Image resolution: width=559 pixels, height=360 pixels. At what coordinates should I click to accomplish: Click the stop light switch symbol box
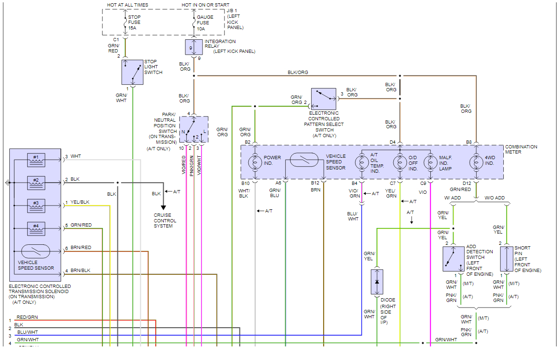pos(132,72)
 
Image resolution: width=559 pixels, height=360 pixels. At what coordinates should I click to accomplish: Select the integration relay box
pos(194,47)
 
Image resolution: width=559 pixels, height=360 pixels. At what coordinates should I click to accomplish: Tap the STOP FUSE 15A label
pos(134,22)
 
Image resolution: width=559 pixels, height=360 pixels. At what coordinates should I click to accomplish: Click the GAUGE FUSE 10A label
pos(205,23)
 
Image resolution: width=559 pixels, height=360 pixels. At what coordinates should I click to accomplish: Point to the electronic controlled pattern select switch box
pos(323,99)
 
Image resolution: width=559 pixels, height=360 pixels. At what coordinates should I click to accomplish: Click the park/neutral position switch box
pos(194,129)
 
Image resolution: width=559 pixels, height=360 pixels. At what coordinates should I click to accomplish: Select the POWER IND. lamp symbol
pos(255,163)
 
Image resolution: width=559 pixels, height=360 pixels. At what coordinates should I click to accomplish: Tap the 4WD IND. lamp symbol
pos(476,163)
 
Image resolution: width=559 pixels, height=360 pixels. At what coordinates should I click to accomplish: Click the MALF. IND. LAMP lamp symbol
pos(430,163)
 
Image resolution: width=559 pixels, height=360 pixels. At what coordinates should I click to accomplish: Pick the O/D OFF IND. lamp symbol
pos(400,163)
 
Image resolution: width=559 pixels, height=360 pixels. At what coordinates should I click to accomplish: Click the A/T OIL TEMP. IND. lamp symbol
pos(362,163)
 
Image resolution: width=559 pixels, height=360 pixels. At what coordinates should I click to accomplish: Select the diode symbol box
pos(377,282)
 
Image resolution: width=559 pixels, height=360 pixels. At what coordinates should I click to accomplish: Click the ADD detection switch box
pos(453,259)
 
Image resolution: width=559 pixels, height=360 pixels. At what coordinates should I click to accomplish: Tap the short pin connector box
pos(507,259)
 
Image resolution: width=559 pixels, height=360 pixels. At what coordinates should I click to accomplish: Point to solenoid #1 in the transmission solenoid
pos(36,160)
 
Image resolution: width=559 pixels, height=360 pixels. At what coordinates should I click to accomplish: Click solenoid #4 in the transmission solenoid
pos(36,229)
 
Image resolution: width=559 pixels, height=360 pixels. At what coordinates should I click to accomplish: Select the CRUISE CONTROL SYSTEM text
pos(165,220)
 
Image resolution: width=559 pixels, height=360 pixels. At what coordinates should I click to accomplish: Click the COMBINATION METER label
pos(521,149)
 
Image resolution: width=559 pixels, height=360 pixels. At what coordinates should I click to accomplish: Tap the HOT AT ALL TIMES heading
pos(128,5)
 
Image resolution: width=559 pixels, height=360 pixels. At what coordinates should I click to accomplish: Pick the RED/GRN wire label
pos(27,317)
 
